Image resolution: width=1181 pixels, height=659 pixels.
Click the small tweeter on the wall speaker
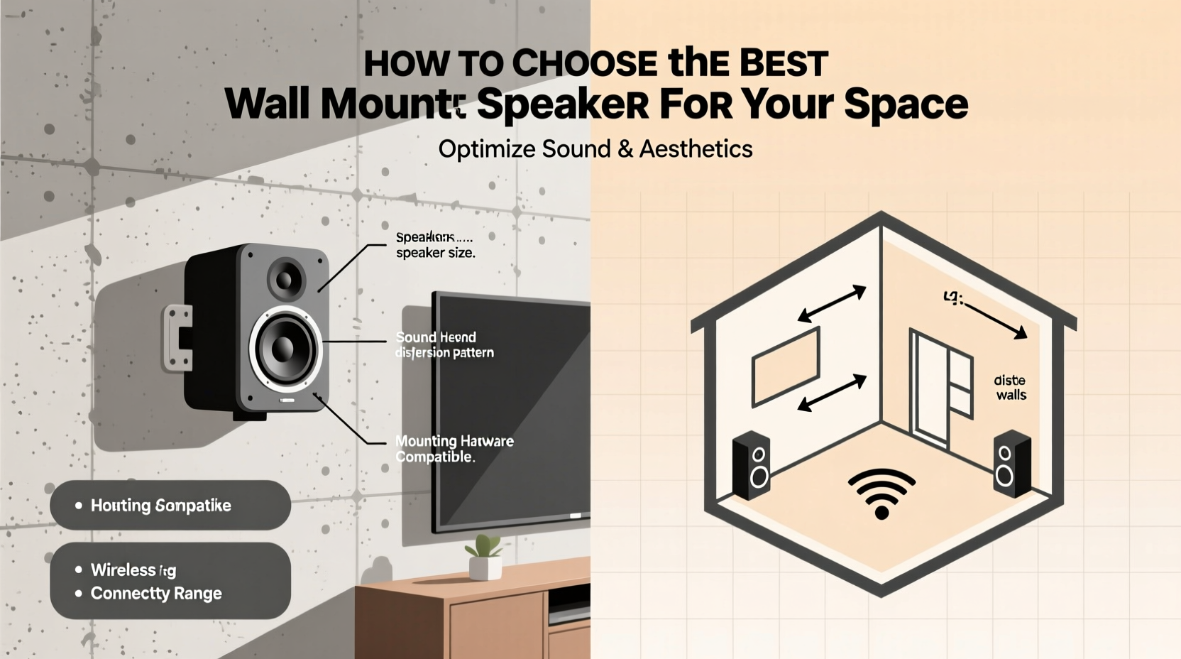[286, 278]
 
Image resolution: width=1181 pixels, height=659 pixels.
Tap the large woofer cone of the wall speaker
[285, 348]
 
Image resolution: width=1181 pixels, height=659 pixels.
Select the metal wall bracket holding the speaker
[177, 338]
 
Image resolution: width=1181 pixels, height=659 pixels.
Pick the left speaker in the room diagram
[752, 464]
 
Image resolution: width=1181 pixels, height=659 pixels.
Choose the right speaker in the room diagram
[1011, 463]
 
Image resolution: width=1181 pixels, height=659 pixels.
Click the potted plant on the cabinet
[485, 557]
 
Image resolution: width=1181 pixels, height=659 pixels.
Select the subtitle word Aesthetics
[696, 149]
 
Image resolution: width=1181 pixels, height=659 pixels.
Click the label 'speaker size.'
[435, 253]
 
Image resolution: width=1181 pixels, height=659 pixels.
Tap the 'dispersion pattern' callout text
[444, 352]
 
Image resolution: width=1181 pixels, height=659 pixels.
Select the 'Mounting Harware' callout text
[454, 441]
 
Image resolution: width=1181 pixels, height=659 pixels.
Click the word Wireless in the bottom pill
[123, 570]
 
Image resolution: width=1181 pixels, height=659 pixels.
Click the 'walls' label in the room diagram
[1011, 395]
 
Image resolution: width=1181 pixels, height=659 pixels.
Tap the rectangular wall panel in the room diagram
[786, 366]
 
